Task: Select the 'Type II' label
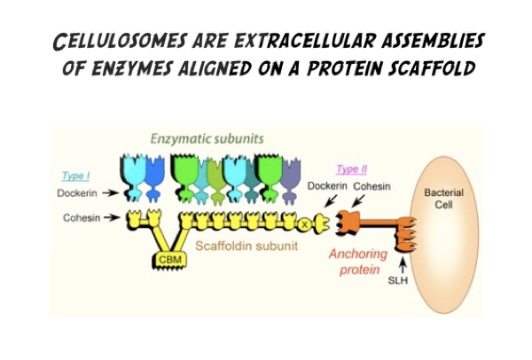pos(352,168)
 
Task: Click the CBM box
pos(170,259)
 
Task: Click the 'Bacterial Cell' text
pos(443,200)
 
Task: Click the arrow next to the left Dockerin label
pos(111,191)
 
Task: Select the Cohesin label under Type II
pos(372,186)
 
